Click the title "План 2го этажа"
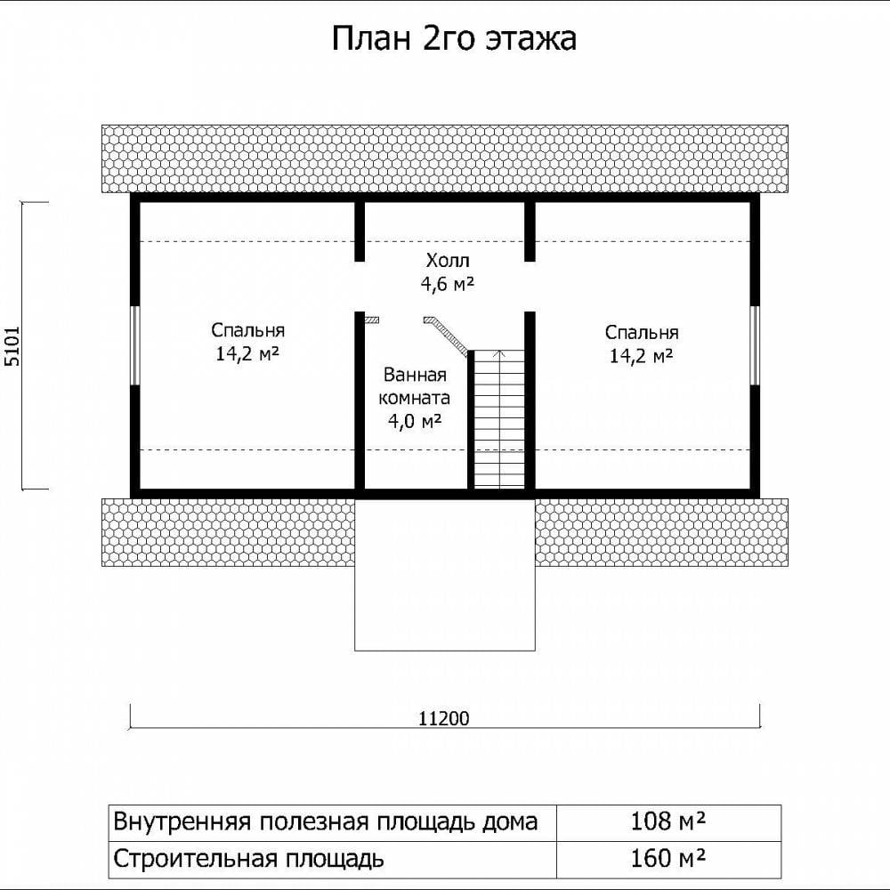pyautogui.click(x=454, y=38)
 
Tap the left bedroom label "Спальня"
pyautogui.click(x=247, y=330)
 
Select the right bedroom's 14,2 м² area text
pyautogui.click(x=642, y=356)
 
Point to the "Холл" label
pyautogui.click(x=448, y=261)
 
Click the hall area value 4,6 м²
pyautogui.click(x=448, y=284)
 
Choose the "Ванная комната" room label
pyautogui.click(x=415, y=386)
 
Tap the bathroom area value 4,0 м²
pyautogui.click(x=415, y=421)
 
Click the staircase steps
pyautogui.click(x=499, y=419)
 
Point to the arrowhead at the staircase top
pyautogui.click(x=499, y=353)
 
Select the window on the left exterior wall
pyautogui.click(x=135, y=345)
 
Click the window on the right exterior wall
pyautogui.click(x=755, y=345)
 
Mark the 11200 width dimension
pyautogui.click(x=444, y=718)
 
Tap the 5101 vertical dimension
pyautogui.click(x=12, y=345)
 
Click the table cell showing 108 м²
pyautogui.click(x=668, y=821)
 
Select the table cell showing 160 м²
pyautogui.click(x=668, y=859)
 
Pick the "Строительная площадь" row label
pyautogui.click(x=248, y=859)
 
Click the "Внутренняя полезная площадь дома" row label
pyautogui.click(x=325, y=821)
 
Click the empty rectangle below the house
pyautogui.click(x=445, y=574)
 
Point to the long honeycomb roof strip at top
pyautogui.click(x=445, y=158)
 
